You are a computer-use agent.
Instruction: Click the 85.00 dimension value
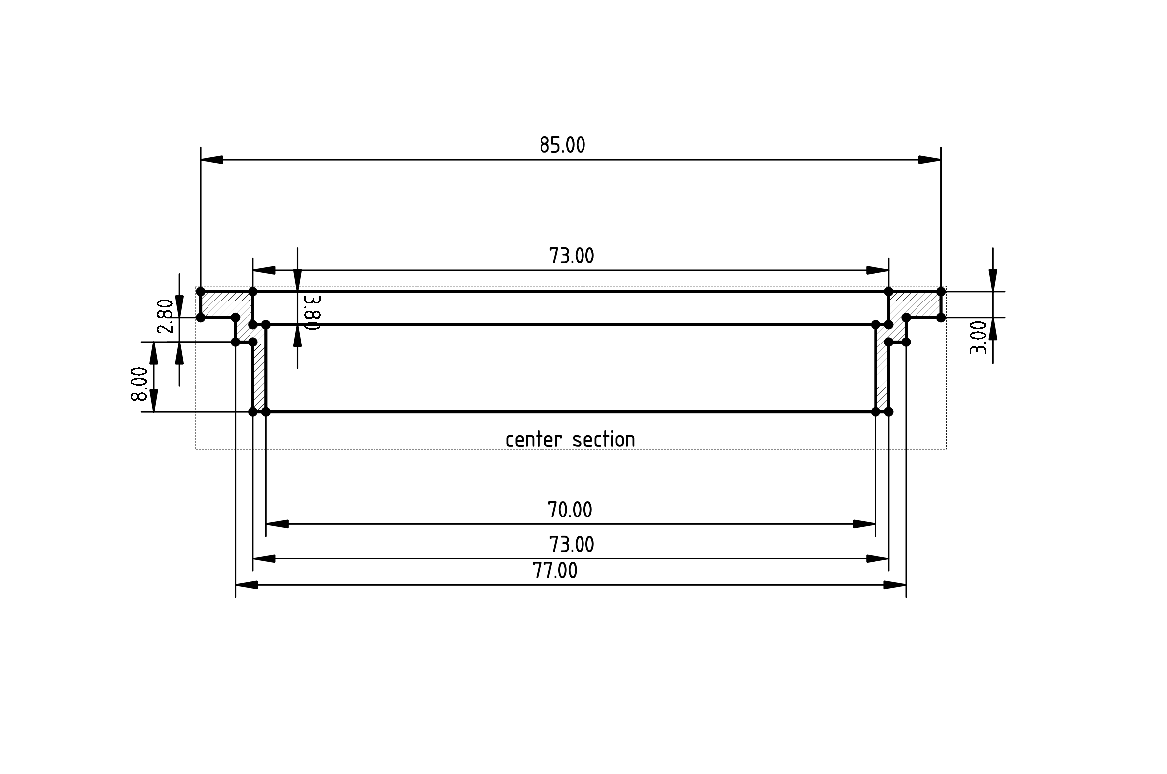pyautogui.click(x=562, y=145)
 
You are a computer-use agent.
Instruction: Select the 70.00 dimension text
pyautogui.click(x=570, y=510)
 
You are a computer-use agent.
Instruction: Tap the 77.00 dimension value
pyautogui.click(x=555, y=571)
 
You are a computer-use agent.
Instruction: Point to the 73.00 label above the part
pyautogui.click(x=572, y=256)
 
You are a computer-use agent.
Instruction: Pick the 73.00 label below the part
pyautogui.click(x=572, y=545)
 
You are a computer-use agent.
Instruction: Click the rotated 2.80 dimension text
pyautogui.click(x=166, y=316)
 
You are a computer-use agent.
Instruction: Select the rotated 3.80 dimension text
pyautogui.click(x=313, y=312)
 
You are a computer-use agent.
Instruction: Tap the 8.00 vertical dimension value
pyautogui.click(x=139, y=384)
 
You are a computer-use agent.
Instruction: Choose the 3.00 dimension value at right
pyautogui.click(x=978, y=338)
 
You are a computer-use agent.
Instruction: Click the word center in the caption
pyautogui.click(x=534, y=439)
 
